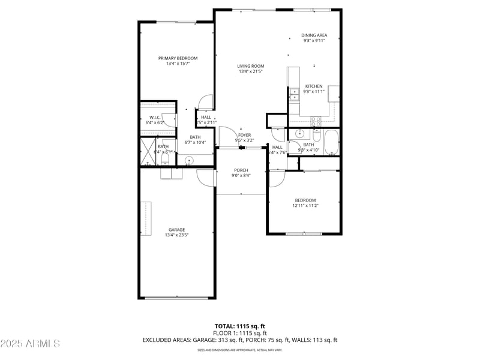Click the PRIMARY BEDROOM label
[x=178, y=58]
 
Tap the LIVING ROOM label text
[x=251, y=66]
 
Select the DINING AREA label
[x=314, y=35]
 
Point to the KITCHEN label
[x=314, y=86]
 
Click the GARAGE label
[x=176, y=230]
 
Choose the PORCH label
[x=241, y=170]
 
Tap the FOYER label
[x=244, y=135]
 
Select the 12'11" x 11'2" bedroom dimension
[x=305, y=206]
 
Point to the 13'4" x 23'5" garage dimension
[x=176, y=235]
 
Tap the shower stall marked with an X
[x=148, y=152]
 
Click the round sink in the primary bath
[x=189, y=160]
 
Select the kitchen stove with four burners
[x=316, y=120]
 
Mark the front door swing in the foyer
[x=226, y=137]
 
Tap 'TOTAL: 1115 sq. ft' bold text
[x=240, y=326]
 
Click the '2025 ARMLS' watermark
[x=30, y=344]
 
